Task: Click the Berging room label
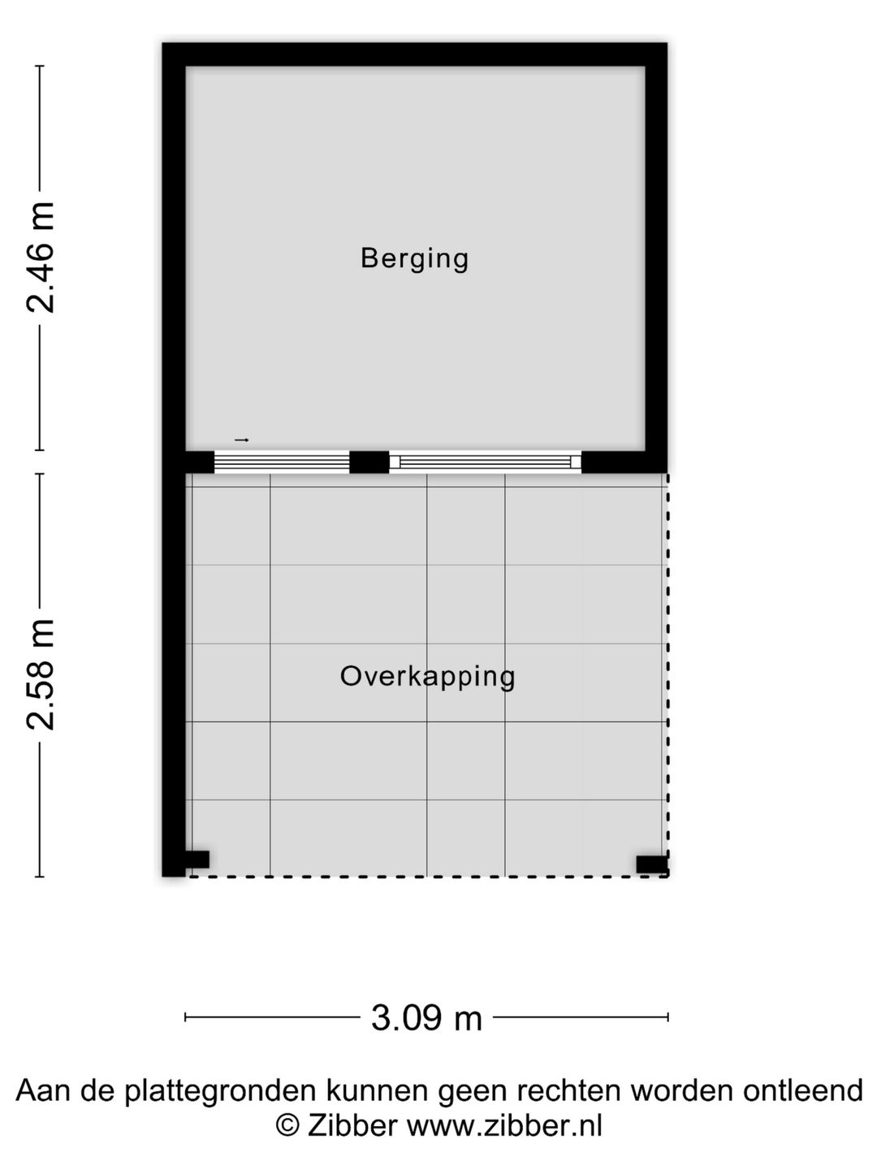pyautogui.click(x=414, y=258)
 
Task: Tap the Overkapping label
pyautogui.click(x=427, y=676)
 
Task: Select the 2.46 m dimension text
pyautogui.click(x=41, y=258)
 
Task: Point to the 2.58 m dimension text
pyautogui.click(x=41, y=674)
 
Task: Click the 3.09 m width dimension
pyautogui.click(x=426, y=1017)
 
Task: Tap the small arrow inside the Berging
pyautogui.click(x=241, y=440)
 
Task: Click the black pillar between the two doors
pyautogui.click(x=369, y=462)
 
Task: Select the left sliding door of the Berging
pyautogui.click(x=282, y=462)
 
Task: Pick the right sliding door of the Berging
pyautogui.click(x=486, y=462)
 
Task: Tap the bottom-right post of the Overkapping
pyautogui.click(x=651, y=864)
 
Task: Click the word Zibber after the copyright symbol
pyautogui.click(x=352, y=1126)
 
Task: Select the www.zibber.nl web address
pyautogui.click(x=504, y=1126)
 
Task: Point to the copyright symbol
pyautogui.click(x=287, y=1126)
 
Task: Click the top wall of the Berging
pyautogui.click(x=414, y=54)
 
